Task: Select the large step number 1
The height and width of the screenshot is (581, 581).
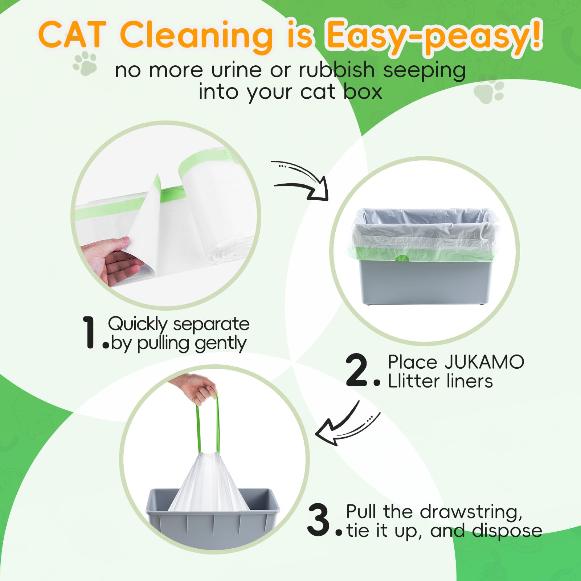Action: [x=89, y=332]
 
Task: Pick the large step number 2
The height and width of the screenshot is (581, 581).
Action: [x=357, y=370]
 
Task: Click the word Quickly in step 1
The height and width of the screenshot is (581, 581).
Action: [x=138, y=323]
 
